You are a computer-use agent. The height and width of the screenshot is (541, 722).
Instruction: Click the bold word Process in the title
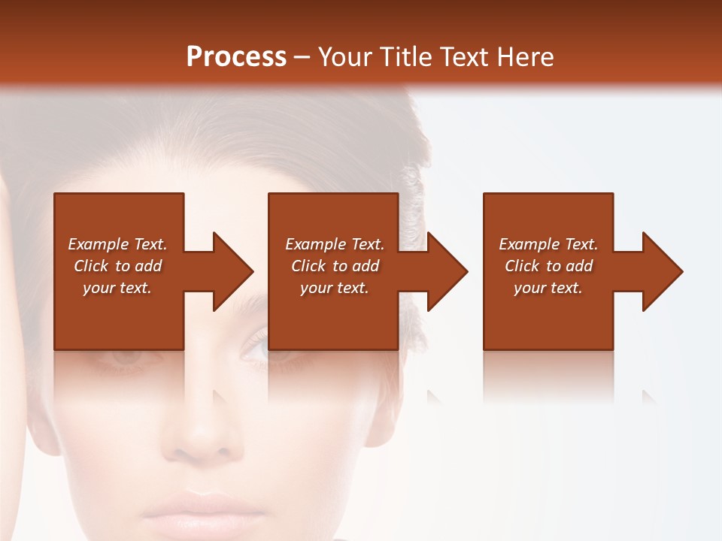tap(236, 57)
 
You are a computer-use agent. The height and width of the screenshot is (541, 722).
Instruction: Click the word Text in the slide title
tap(463, 57)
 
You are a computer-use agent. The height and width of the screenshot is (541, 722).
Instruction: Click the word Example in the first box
tap(99, 244)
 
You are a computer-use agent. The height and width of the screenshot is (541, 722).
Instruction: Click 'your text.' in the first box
tap(117, 288)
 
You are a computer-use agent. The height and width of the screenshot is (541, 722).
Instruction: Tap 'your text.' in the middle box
tap(335, 288)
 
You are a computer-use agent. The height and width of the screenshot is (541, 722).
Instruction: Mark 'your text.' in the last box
tap(548, 288)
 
